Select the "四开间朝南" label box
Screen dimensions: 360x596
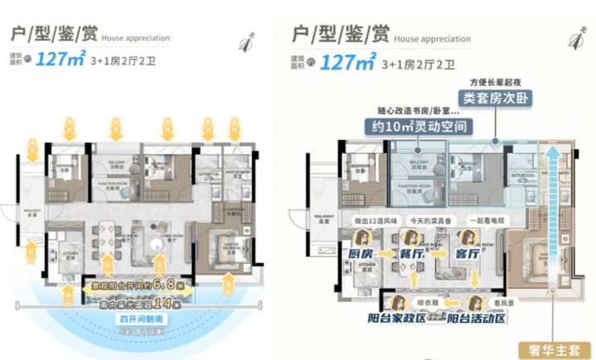[135, 317]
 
